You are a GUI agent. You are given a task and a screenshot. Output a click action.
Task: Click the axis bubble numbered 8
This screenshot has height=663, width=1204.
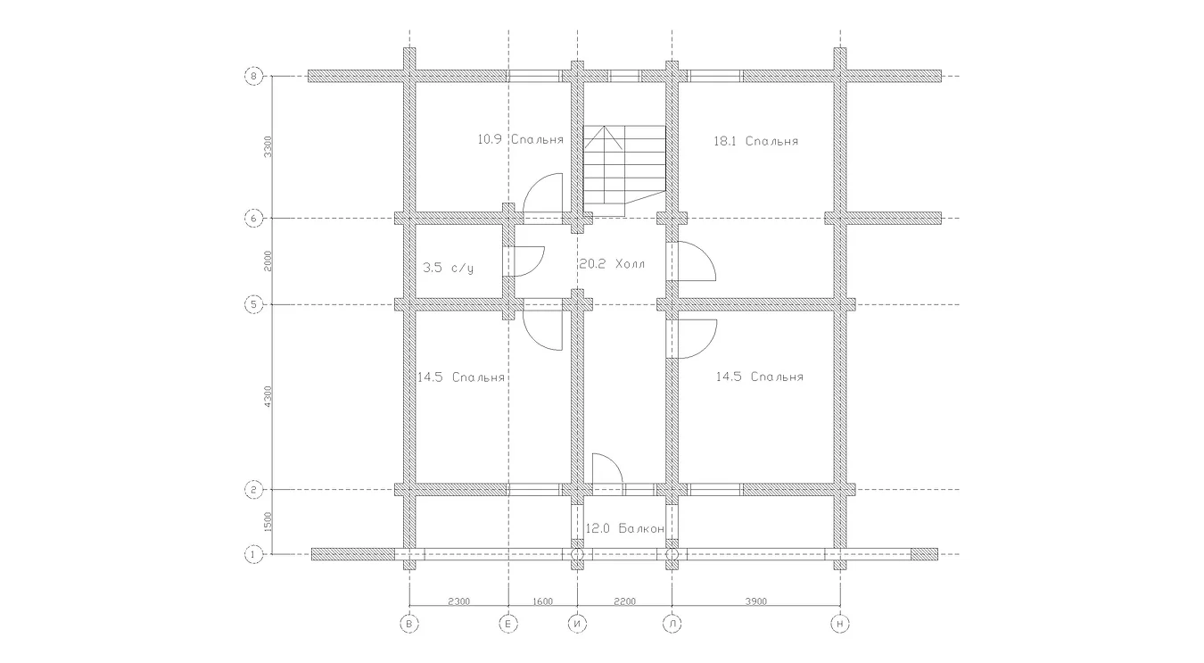[x=253, y=76]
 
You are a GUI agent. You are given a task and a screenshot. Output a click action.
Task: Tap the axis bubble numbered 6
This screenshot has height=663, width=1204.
[x=253, y=219]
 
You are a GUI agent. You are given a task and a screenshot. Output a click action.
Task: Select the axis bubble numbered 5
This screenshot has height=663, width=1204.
[x=253, y=305]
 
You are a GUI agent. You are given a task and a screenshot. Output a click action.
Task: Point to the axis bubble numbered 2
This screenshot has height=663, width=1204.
[x=253, y=490]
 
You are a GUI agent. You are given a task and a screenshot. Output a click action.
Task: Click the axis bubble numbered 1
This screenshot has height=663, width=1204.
[x=253, y=554]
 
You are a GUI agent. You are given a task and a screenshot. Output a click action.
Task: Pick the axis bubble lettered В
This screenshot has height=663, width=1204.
[x=409, y=624]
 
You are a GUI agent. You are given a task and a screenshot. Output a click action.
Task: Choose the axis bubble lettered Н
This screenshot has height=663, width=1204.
[x=840, y=624]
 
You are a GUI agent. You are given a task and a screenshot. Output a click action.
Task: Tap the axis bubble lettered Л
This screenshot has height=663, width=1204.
[x=672, y=624]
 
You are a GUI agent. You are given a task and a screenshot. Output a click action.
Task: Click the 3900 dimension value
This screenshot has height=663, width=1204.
[x=755, y=601]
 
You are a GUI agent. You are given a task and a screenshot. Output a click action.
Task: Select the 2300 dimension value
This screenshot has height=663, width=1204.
[x=459, y=601]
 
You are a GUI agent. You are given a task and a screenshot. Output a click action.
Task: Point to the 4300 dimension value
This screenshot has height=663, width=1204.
[x=268, y=396]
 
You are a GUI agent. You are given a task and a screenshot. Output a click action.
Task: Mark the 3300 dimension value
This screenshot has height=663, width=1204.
[x=268, y=146]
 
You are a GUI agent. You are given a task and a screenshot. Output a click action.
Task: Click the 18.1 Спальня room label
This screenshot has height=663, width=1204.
[x=755, y=141]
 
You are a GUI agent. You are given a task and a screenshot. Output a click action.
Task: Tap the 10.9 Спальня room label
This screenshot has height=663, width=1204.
[x=520, y=139]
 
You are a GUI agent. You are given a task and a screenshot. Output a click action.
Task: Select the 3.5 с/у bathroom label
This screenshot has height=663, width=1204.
[x=449, y=268]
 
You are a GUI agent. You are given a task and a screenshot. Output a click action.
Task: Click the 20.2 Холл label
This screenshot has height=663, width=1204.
[x=612, y=263]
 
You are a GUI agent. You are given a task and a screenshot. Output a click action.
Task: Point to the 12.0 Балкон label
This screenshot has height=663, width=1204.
[x=624, y=528]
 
